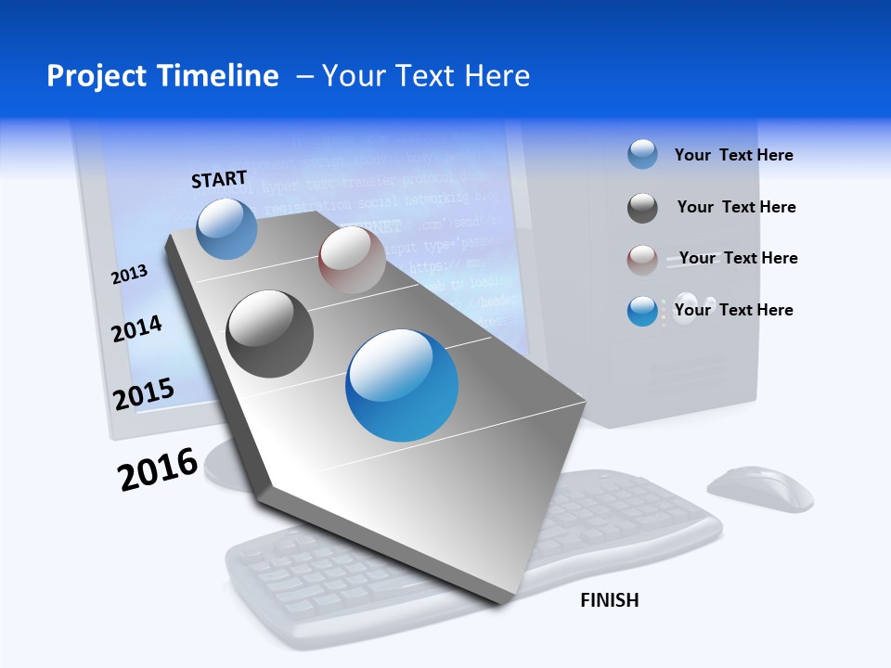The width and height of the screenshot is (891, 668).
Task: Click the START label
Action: tap(219, 179)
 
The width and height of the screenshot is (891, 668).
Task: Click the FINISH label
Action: tap(609, 600)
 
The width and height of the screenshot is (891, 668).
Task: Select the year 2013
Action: tap(130, 274)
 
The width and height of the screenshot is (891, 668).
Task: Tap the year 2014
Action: tap(136, 328)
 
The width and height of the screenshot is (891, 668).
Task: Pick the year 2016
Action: tap(158, 469)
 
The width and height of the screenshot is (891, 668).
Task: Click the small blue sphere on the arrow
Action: tap(227, 229)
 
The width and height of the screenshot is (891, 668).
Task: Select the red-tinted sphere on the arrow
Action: tap(352, 260)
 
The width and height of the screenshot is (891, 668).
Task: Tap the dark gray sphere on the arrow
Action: tap(270, 334)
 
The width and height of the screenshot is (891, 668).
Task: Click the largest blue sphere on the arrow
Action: tap(402, 385)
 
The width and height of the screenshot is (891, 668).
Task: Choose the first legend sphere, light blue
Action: tap(642, 155)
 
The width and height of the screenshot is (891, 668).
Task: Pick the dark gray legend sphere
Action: tap(642, 208)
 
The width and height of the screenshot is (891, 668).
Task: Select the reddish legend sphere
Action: tap(642, 260)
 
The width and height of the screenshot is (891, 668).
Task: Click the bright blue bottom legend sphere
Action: tap(642, 311)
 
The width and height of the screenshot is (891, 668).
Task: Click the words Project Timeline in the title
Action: tap(162, 76)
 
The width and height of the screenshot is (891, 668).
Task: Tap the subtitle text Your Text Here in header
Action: tap(426, 76)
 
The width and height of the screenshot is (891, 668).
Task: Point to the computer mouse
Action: tap(759, 489)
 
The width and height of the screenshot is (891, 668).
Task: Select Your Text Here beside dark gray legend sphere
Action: tap(736, 207)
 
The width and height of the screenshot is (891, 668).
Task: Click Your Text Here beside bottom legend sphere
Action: tap(733, 310)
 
